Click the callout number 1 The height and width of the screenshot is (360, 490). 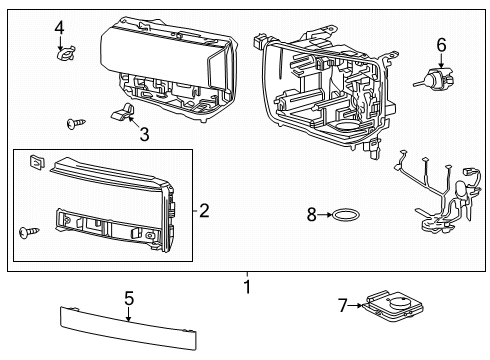click(x=246, y=289)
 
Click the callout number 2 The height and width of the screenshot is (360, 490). click(x=203, y=210)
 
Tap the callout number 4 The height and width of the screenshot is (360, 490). click(x=59, y=27)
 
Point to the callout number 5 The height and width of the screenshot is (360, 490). click(x=128, y=298)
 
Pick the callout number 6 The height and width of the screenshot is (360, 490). click(x=440, y=44)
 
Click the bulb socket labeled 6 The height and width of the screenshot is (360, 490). click(x=437, y=80)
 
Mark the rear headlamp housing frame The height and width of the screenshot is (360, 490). click(x=320, y=90)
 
